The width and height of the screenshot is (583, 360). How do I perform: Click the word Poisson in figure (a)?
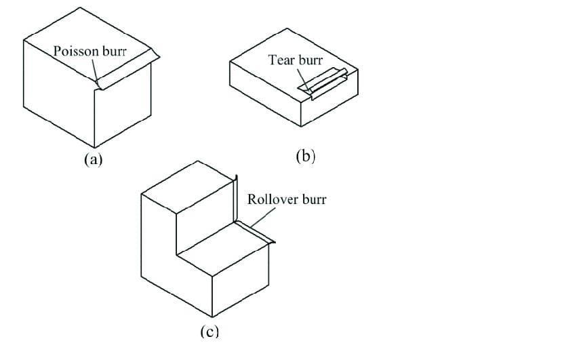pyautogui.click(x=77, y=51)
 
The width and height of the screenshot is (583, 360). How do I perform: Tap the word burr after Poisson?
pyautogui.click(x=115, y=51)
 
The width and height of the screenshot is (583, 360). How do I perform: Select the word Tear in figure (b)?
pyautogui.click(x=281, y=60)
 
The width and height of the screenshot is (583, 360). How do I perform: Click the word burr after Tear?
pyautogui.click(x=310, y=60)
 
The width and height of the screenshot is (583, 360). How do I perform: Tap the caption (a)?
pyautogui.click(x=92, y=159)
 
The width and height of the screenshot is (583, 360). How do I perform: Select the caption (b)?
pyautogui.click(x=306, y=157)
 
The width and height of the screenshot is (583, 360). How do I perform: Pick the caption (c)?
pyautogui.click(x=210, y=332)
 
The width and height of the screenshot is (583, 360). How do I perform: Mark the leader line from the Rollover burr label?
pyautogui.click(x=262, y=217)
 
